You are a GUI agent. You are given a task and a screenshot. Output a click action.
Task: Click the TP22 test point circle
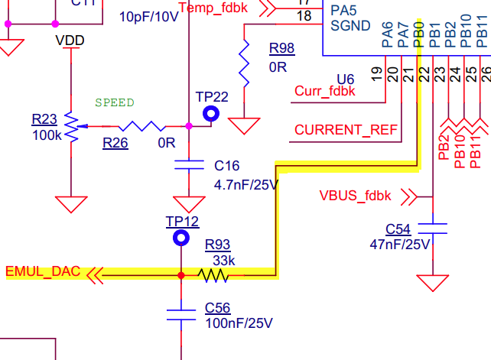point(211,114)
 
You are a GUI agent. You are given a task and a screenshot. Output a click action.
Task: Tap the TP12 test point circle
point(181,238)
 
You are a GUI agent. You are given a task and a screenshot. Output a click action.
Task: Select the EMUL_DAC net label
point(42,272)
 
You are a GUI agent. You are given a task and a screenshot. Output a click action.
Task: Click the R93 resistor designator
point(217,245)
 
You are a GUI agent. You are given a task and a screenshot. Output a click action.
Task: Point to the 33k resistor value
point(223,260)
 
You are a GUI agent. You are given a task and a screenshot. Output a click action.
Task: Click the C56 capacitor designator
point(218,308)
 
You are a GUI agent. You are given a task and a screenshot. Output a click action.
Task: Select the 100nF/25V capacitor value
point(239,323)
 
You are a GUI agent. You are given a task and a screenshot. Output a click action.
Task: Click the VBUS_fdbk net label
point(355,196)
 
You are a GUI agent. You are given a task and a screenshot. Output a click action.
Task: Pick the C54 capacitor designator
point(398,229)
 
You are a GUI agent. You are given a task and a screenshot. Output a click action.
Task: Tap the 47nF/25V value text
point(400,245)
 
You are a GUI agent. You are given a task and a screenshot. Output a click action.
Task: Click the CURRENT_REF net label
point(346,130)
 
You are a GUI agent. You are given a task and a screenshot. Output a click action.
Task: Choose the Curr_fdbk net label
point(324,92)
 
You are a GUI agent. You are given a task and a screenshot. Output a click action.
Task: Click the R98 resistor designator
point(281,49)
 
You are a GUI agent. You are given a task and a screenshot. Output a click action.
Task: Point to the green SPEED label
point(115,102)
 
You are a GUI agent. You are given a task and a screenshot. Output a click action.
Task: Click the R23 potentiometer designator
point(44,119)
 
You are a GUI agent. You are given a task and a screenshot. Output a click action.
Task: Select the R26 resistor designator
point(115,142)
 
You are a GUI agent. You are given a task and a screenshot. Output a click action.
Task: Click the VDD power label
point(70,40)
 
